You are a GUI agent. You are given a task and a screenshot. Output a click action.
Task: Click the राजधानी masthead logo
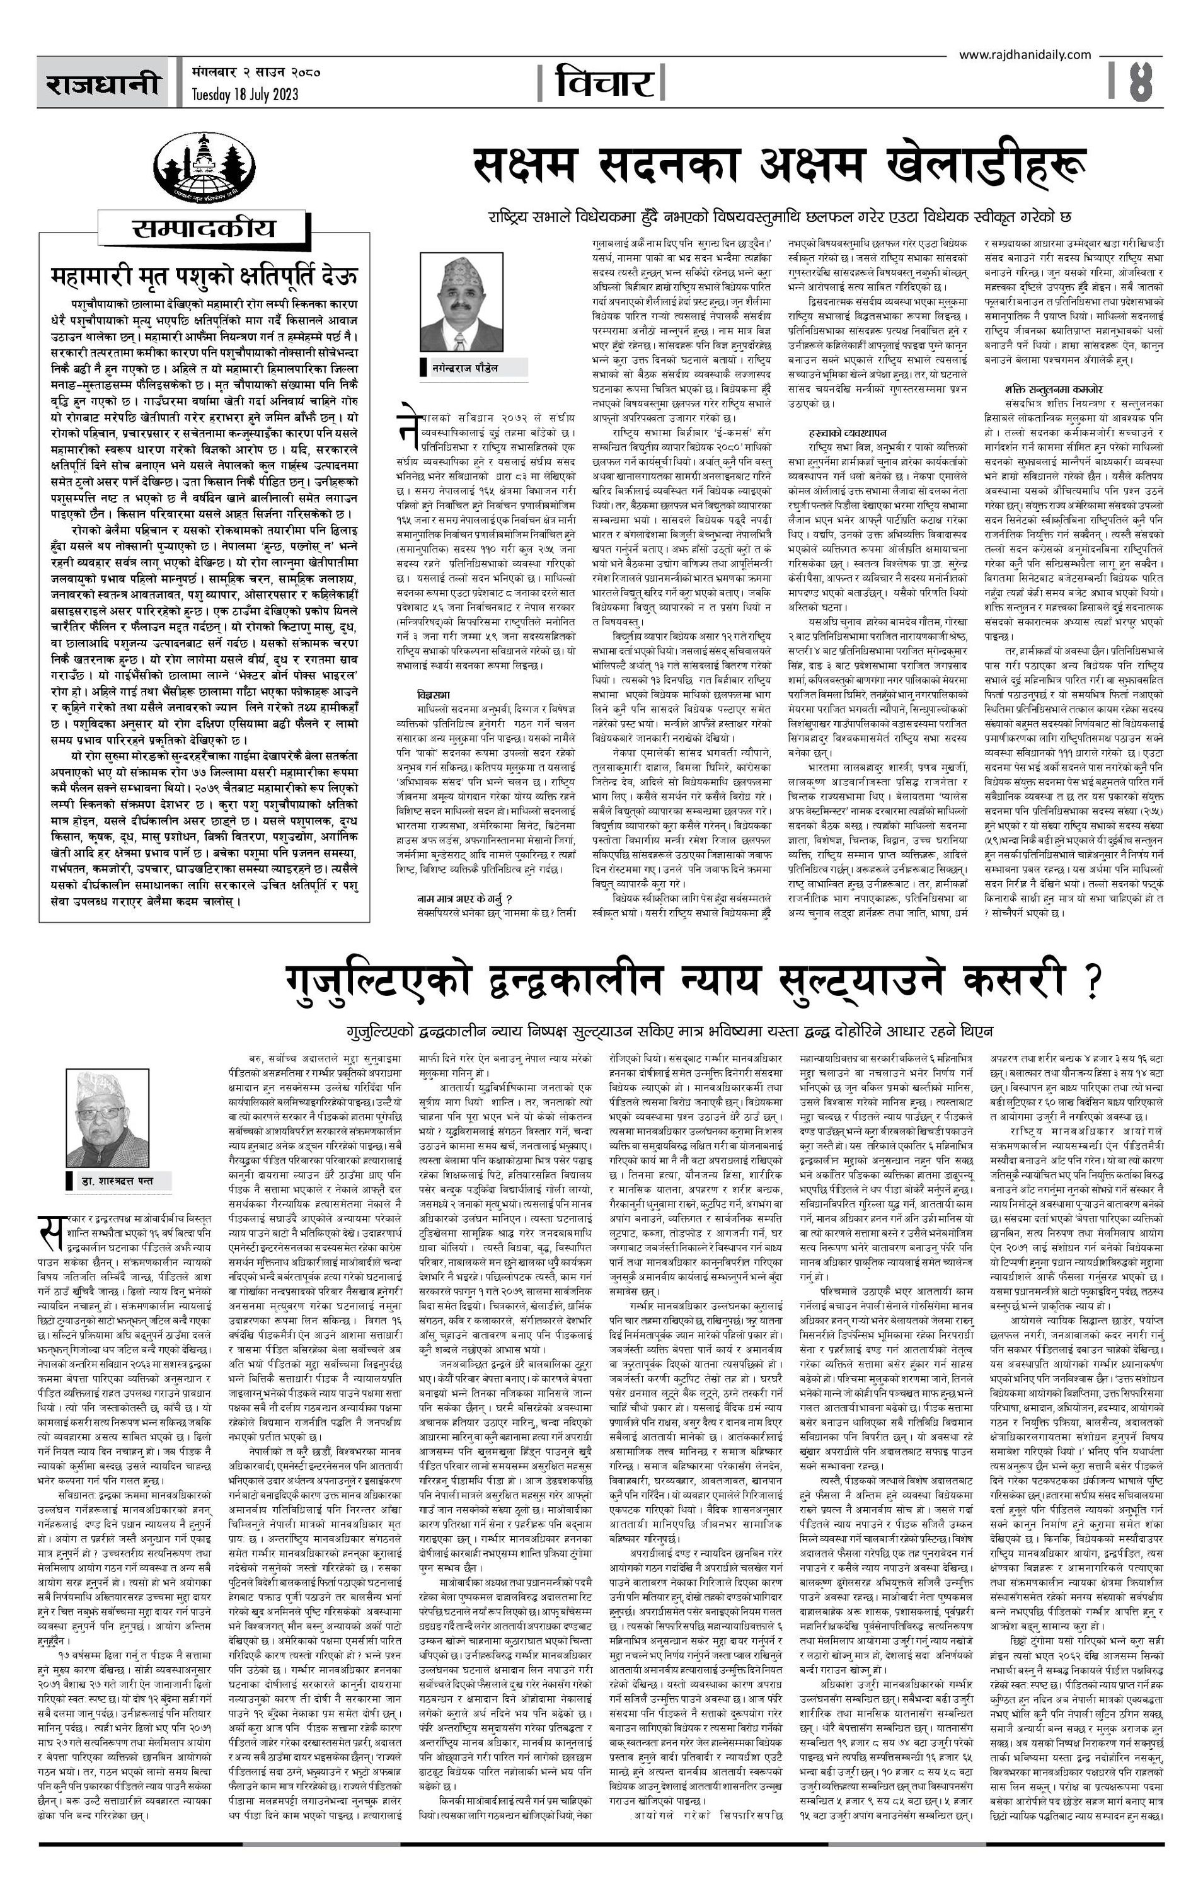tap(101, 83)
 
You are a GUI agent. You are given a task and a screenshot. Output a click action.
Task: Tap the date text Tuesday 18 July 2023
tap(245, 95)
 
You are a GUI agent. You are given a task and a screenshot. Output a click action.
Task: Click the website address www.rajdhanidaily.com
tap(1025, 54)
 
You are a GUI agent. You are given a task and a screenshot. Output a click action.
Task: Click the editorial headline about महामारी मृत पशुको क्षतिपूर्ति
tap(204, 275)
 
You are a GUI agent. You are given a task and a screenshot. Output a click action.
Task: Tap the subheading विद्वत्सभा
tap(434, 695)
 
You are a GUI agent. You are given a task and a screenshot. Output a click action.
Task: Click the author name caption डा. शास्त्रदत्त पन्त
tap(117, 1181)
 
